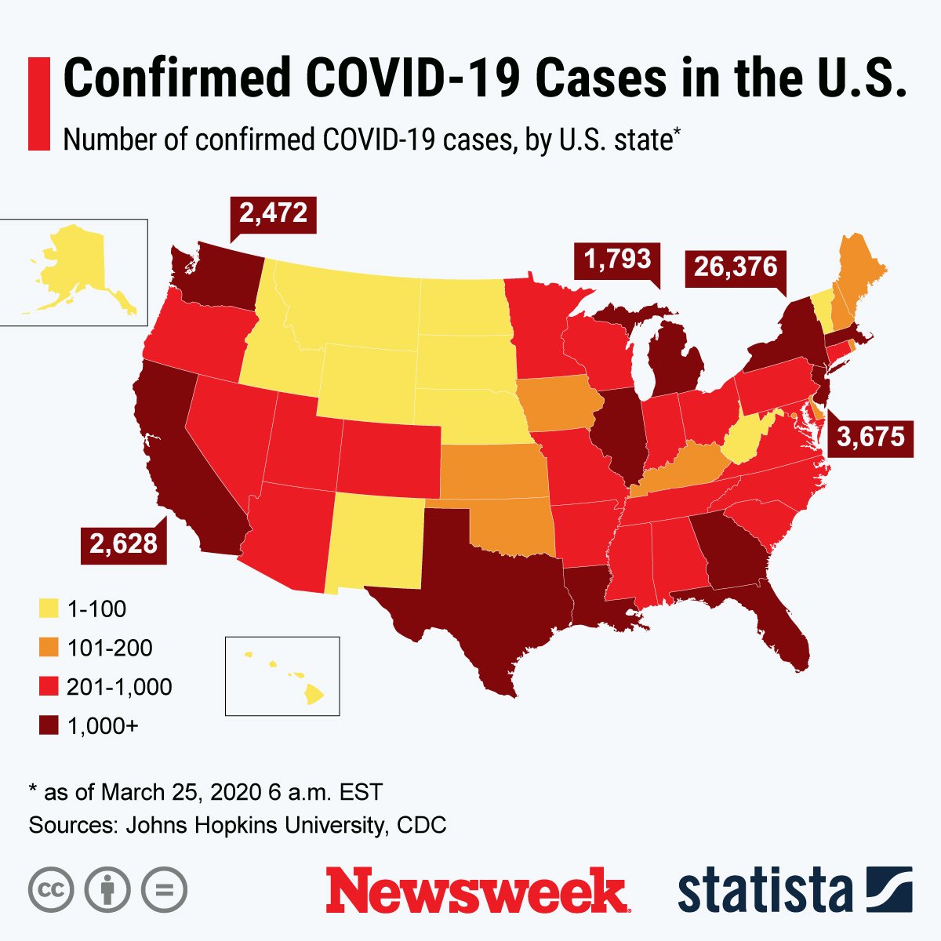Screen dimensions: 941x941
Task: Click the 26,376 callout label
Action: click(735, 268)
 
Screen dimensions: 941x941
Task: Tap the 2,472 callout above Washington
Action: click(273, 213)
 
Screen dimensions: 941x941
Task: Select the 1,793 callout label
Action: click(616, 260)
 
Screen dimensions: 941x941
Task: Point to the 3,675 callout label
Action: click(870, 437)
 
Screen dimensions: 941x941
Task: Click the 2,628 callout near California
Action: click(123, 543)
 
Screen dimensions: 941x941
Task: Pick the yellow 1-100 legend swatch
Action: click(49, 609)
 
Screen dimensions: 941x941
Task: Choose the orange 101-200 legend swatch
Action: click(49, 648)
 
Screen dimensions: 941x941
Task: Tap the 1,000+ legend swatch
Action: click(49, 726)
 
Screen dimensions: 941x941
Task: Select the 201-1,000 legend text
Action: click(119, 687)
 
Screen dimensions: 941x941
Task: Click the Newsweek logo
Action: click(477, 890)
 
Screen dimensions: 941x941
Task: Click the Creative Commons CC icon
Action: click(51, 889)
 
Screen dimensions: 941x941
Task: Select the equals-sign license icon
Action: click(165, 889)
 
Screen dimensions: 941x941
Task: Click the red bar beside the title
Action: click(39, 103)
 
